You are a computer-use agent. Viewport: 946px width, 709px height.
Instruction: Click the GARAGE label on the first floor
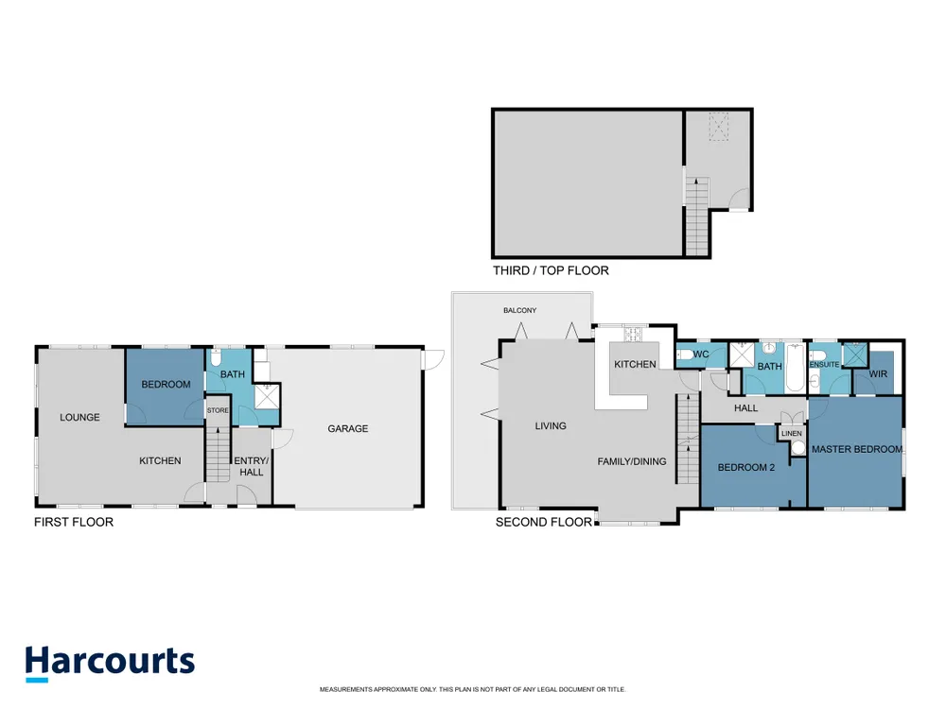click(x=347, y=428)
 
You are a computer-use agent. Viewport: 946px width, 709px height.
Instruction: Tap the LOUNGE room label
click(x=79, y=417)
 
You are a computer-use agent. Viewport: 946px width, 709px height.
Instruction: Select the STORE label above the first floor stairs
click(x=218, y=410)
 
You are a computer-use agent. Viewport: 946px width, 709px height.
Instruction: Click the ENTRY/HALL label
click(x=251, y=466)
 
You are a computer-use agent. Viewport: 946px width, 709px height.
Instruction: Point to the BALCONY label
click(x=520, y=310)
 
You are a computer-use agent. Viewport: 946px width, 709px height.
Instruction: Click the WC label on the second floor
click(x=701, y=354)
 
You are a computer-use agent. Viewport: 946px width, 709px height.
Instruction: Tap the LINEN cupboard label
click(x=792, y=434)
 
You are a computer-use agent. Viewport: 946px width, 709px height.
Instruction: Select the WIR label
click(x=878, y=374)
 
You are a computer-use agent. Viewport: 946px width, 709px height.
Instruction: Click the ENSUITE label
click(x=824, y=365)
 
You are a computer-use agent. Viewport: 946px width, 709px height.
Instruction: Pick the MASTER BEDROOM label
click(x=857, y=449)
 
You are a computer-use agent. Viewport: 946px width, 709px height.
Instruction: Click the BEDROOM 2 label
click(x=746, y=467)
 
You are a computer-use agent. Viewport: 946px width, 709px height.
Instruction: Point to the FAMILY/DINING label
click(x=632, y=461)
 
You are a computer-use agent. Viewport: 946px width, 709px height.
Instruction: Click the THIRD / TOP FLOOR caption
click(x=551, y=270)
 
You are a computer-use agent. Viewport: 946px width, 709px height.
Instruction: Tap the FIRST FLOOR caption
click(x=74, y=522)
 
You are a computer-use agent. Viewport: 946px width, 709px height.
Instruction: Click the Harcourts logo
click(x=110, y=664)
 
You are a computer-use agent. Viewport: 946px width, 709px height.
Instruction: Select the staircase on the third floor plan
click(x=697, y=216)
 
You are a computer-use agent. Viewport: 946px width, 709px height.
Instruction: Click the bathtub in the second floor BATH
click(x=796, y=368)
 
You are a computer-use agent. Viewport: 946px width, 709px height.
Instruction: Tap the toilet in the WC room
click(x=684, y=354)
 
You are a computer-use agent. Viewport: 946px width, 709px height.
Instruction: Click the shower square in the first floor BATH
click(x=267, y=396)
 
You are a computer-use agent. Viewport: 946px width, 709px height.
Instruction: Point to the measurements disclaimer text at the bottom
click(x=472, y=689)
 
